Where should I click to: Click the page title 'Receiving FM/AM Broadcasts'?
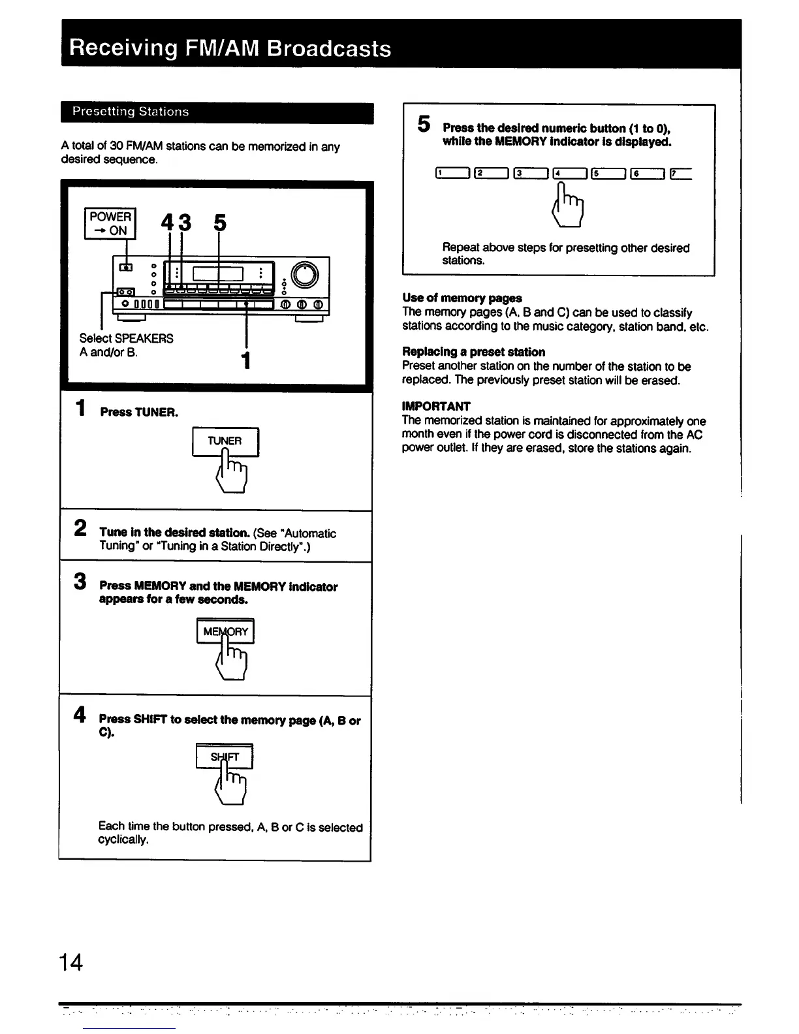(x=230, y=48)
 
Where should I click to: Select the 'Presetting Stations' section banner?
(x=131, y=112)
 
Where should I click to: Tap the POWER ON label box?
(x=110, y=223)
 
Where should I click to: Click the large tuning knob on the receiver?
(x=305, y=274)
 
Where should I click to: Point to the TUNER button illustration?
(x=225, y=441)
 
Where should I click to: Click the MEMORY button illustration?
(x=225, y=631)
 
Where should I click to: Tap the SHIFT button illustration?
(x=225, y=757)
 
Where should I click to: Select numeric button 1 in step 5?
(x=452, y=173)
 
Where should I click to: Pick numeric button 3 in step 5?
(x=530, y=173)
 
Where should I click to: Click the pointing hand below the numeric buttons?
(x=569, y=204)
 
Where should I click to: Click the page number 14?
(x=70, y=962)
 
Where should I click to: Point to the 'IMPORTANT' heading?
(x=436, y=406)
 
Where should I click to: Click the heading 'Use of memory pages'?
(x=462, y=298)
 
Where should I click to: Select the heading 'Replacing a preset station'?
(x=473, y=352)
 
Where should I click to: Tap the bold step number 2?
(x=80, y=527)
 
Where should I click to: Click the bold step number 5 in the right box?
(x=424, y=123)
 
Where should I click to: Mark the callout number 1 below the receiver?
(x=245, y=360)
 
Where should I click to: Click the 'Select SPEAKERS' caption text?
(x=126, y=338)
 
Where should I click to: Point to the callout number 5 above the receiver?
(x=220, y=223)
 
